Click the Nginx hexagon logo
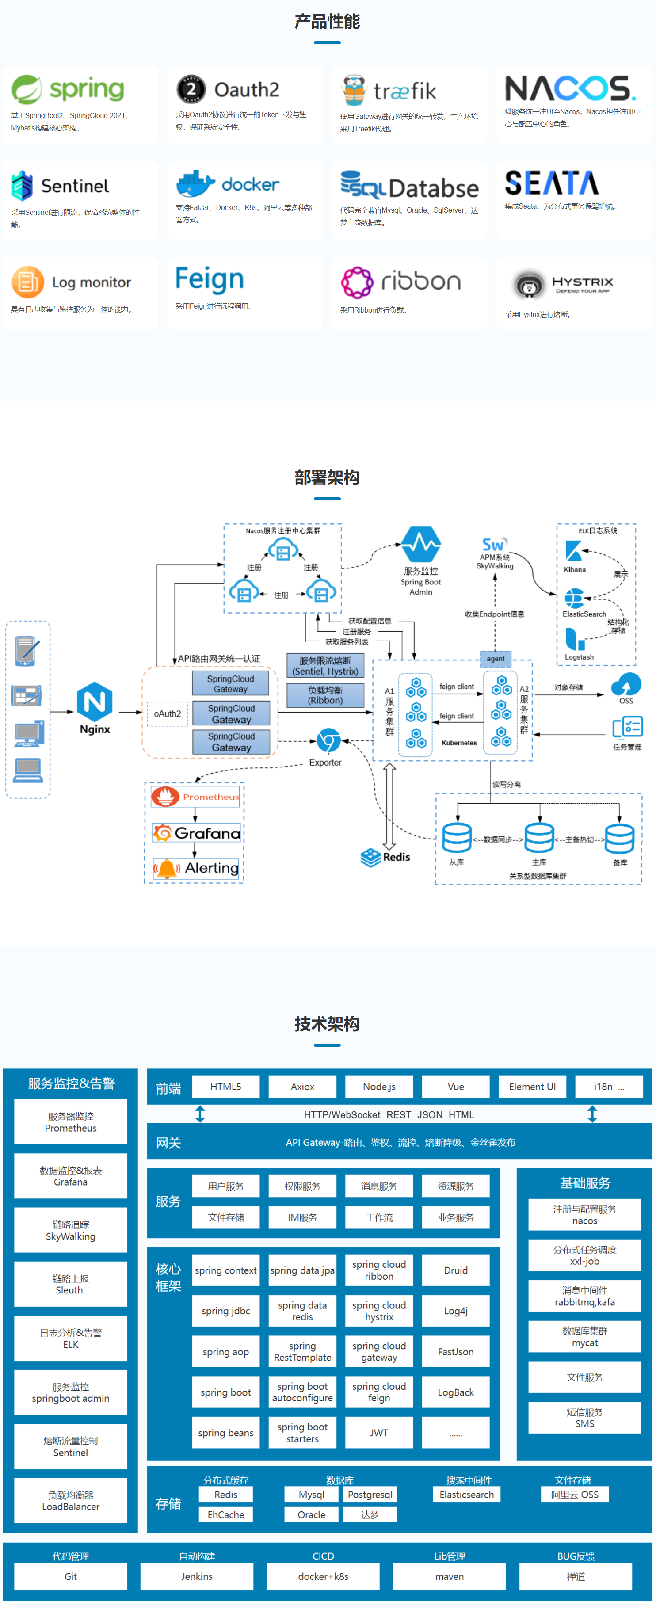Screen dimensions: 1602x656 [x=95, y=702]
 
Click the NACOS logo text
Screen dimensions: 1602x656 [x=569, y=89]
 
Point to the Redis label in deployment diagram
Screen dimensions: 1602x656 [x=396, y=857]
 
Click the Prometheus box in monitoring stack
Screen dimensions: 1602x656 [x=196, y=797]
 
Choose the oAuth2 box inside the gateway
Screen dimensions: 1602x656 [x=167, y=714]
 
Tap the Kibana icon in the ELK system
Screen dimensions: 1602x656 [x=573, y=550]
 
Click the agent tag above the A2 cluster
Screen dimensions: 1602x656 [x=496, y=659]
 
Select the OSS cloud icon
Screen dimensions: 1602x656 [x=625, y=684]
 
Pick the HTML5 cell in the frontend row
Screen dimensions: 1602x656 [x=226, y=1087]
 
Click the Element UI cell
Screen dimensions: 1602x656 [x=532, y=1087]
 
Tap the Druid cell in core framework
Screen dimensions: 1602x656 [x=456, y=1270]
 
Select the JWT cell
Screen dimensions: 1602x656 [x=379, y=1432]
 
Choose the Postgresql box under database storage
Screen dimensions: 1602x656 [x=370, y=1495]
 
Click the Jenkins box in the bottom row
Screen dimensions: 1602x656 [x=197, y=1576]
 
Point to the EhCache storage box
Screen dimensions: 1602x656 [x=226, y=1515]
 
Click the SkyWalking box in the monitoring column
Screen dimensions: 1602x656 [x=71, y=1230]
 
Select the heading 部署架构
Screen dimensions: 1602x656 [x=327, y=477]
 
